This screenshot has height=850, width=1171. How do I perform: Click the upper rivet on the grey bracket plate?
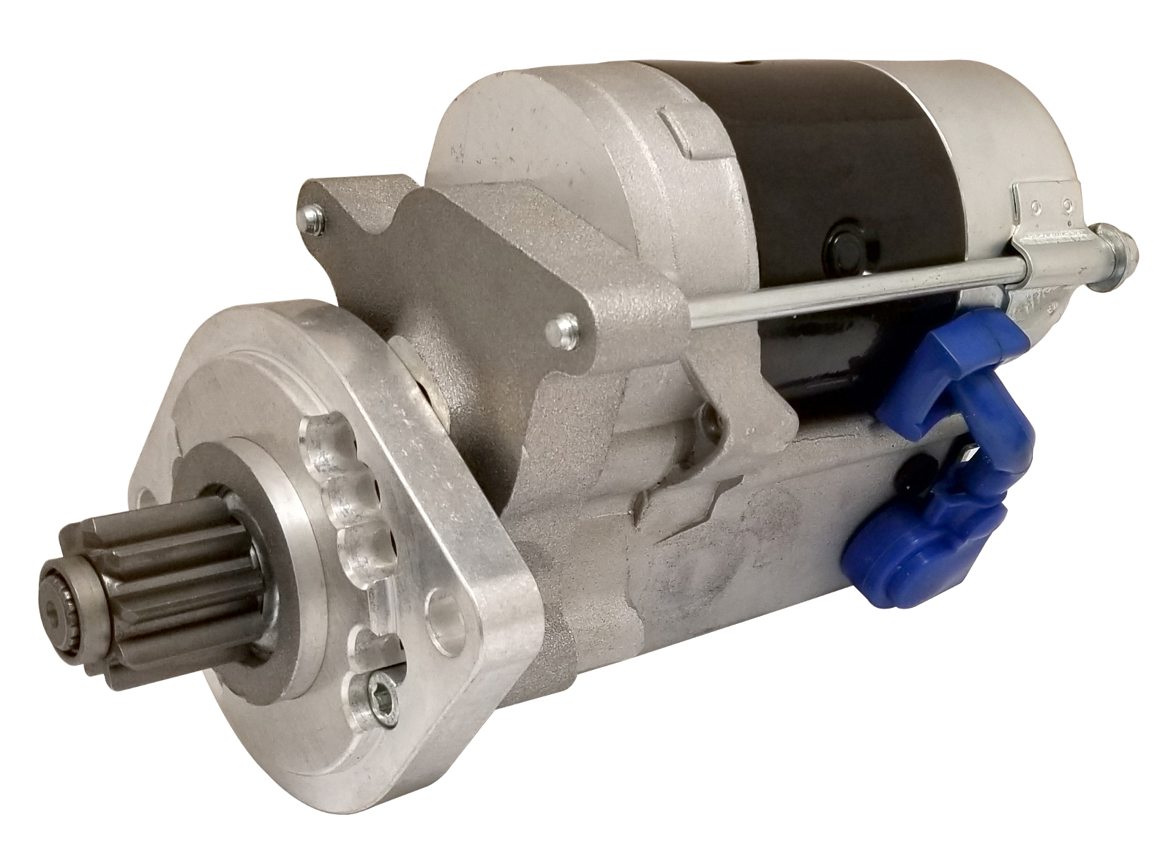point(313,215)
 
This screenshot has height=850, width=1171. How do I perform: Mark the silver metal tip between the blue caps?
point(968,454)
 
